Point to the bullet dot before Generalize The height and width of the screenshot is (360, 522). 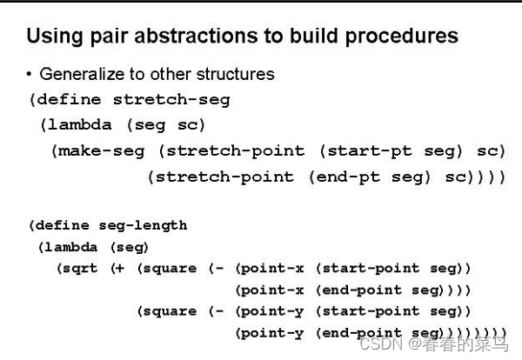[30, 75]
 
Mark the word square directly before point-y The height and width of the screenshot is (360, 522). [171, 311]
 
